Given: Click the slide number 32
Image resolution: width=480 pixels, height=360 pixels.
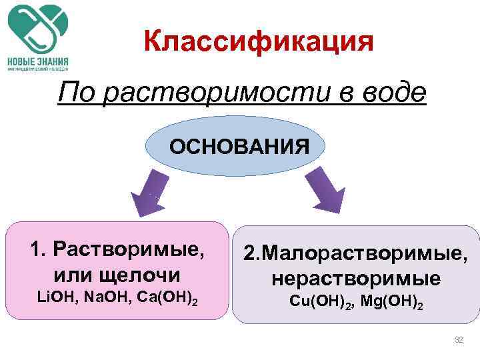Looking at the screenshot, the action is pos(459,340).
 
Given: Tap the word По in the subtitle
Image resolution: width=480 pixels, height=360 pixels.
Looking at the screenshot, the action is pos(75,94).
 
